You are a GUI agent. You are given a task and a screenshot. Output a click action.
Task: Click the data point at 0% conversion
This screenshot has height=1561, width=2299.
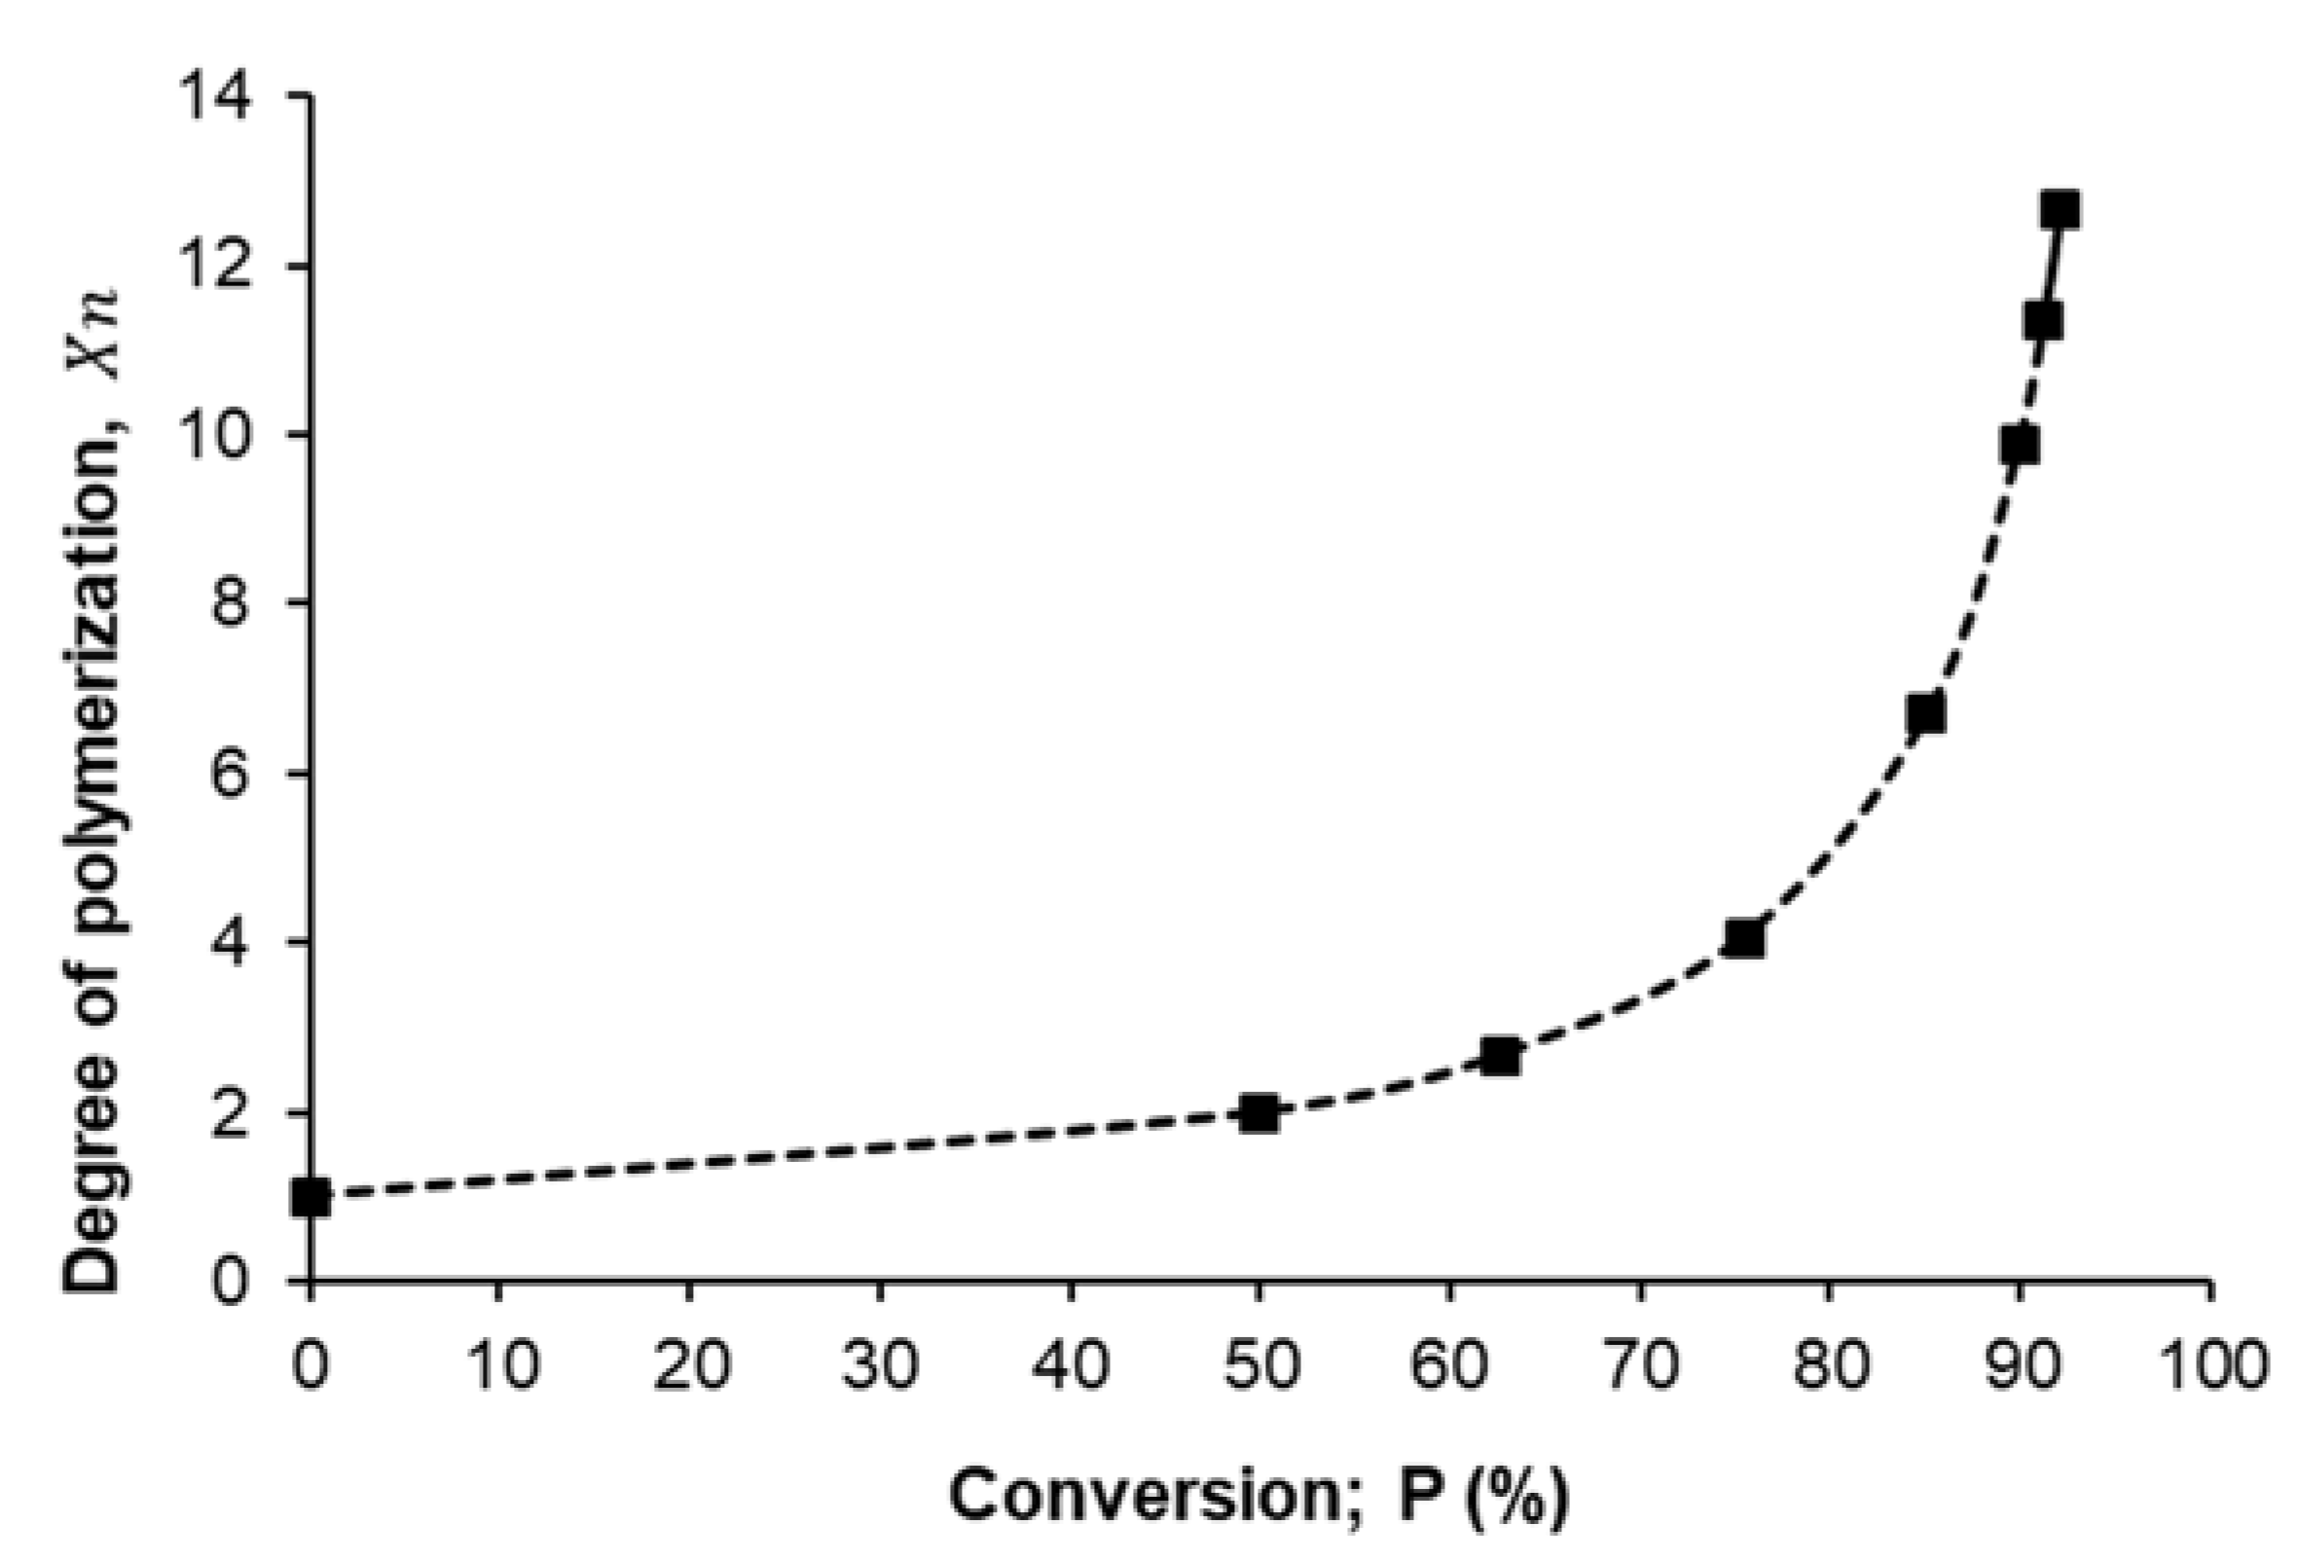pos(310,1197)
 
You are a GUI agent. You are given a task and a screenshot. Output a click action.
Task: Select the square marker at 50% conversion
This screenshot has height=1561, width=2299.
pos(1259,1113)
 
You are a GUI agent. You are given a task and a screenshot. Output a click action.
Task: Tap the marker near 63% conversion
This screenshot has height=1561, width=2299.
pos(1501,1057)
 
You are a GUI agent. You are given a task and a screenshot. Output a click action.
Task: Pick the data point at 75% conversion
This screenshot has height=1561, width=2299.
pos(1743,939)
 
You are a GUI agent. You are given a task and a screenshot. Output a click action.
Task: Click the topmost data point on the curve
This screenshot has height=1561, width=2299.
pos(2060,209)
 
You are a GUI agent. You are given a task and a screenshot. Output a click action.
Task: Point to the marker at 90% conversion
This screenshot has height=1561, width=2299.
pos(2019,446)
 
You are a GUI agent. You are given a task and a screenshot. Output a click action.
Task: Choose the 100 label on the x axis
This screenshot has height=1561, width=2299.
pos(2210,1365)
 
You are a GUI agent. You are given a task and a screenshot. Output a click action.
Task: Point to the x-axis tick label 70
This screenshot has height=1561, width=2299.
pos(1642,1365)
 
